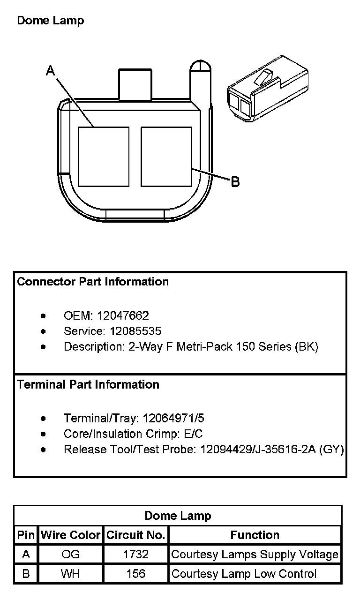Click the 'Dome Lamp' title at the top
click(50, 21)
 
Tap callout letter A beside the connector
click(51, 71)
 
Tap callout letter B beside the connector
click(235, 181)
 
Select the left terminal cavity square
click(103, 157)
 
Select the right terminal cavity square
click(166, 157)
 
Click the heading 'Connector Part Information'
click(93, 282)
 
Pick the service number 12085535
click(135, 331)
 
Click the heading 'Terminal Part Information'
click(88, 385)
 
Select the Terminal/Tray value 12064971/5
click(173, 418)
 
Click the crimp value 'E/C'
click(192, 434)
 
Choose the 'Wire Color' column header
click(71, 535)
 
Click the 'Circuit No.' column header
click(135, 535)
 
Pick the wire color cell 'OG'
click(71, 555)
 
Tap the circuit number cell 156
click(135, 574)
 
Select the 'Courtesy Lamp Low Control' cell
click(244, 574)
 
